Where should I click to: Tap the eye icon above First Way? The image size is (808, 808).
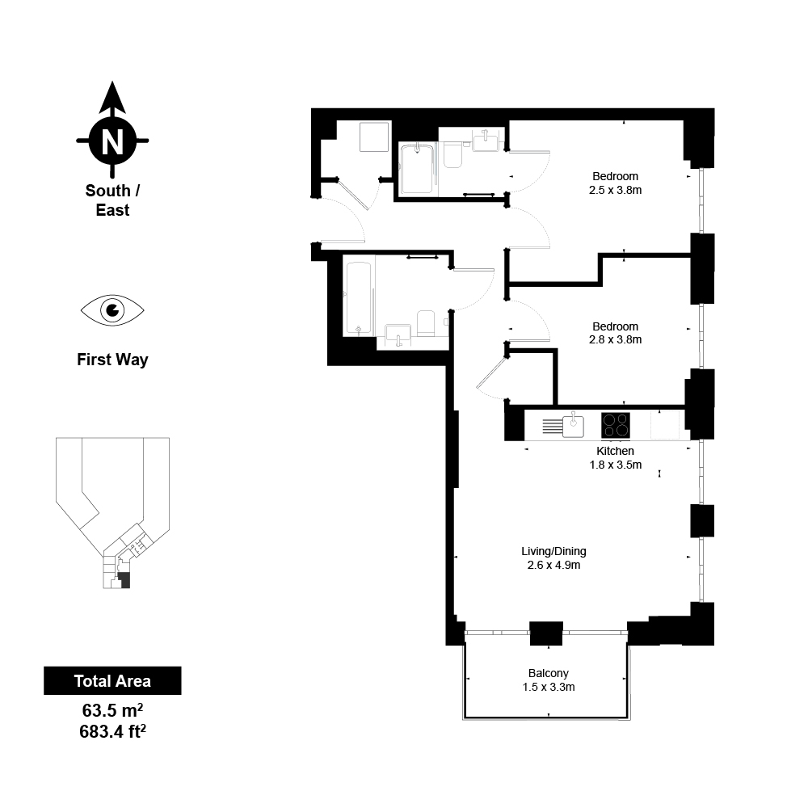coord(112,310)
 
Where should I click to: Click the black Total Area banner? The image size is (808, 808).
coord(112,680)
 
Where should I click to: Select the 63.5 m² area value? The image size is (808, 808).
coord(112,710)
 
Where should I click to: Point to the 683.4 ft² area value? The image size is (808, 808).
coord(112,730)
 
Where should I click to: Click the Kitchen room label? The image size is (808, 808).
coord(615,451)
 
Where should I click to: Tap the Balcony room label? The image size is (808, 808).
coord(549,673)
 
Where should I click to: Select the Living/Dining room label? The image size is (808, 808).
coord(553,551)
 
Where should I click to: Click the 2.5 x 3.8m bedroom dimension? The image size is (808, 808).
coord(615,190)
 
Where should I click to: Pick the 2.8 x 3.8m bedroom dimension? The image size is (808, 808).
coord(615,339)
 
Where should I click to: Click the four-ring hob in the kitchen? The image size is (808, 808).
coord(615,426)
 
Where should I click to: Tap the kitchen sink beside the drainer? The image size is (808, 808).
coord(573,426)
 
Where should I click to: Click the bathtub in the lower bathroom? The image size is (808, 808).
coord(358,299)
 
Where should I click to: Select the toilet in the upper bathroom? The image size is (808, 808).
coord(452,154)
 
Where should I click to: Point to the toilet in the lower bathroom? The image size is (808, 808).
coord(426,322)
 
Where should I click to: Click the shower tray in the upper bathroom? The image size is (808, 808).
coord(417,169)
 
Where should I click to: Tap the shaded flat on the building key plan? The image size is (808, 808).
coord(124,580)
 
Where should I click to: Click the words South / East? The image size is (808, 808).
coord(112,200)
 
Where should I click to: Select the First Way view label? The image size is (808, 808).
coord(112,360)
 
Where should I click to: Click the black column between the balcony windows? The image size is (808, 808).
coord(546,633)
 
